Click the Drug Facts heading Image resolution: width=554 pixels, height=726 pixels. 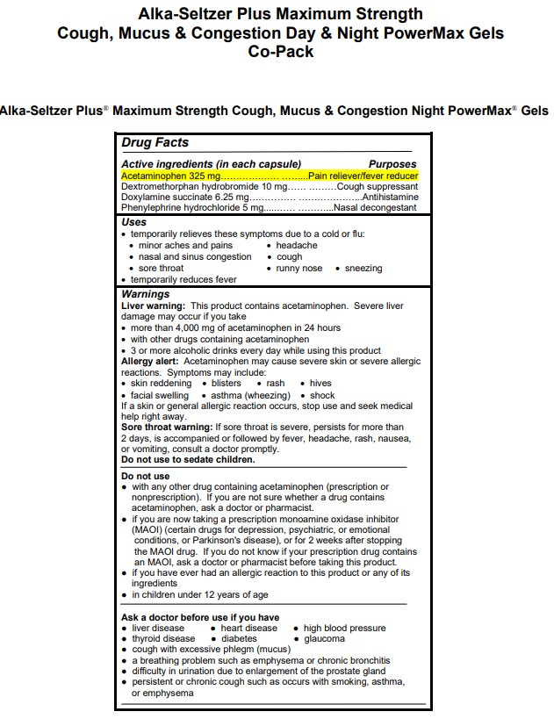click(155, 142)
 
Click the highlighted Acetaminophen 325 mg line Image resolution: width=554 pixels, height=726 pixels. click(270, 176)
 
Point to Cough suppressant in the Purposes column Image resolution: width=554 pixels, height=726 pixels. click(378, 187)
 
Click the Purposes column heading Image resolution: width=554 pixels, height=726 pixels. click(392, 164)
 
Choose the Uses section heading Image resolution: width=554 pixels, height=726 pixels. click(133, 223)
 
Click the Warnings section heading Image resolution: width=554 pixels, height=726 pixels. click(145, 294)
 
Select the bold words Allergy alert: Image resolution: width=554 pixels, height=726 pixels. click(151, 362)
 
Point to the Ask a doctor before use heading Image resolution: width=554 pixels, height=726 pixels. click(200, 617)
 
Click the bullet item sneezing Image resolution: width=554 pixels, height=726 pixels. click(363, 269)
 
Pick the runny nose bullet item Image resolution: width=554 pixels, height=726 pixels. click(299, 269)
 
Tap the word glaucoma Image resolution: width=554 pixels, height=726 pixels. click(324, 639)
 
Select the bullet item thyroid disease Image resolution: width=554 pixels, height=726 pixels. click(162, 639)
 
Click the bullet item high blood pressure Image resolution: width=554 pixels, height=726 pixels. click(344, 629)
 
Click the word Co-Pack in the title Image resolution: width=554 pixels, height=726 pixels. click(280, 51)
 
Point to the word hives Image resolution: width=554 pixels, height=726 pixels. click(320, 384)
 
